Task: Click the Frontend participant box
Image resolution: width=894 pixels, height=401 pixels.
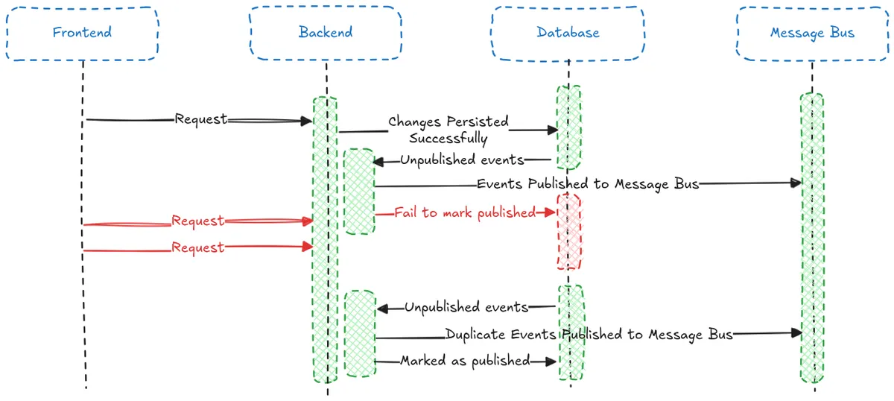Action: [82, 33]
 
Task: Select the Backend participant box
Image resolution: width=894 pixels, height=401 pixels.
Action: [326, 33]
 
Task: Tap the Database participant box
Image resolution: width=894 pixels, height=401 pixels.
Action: [568, 33]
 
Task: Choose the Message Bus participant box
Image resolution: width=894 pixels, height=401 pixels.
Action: [812, 33]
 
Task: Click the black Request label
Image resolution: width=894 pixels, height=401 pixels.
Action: [201, 119]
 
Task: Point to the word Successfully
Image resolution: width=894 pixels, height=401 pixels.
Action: [448, 139]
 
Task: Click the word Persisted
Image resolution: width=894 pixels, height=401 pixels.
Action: [478, 121]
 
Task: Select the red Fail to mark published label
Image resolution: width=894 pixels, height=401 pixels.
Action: [466, 212]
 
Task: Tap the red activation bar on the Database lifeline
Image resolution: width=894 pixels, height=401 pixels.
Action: [568, 231]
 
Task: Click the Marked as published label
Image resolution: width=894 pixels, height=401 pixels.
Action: [465, 361]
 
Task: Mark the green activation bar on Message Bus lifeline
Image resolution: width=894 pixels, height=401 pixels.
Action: [812, 239]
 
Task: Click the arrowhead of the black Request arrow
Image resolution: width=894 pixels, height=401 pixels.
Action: [307, 121]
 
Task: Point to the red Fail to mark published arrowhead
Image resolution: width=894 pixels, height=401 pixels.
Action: [551, 212]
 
